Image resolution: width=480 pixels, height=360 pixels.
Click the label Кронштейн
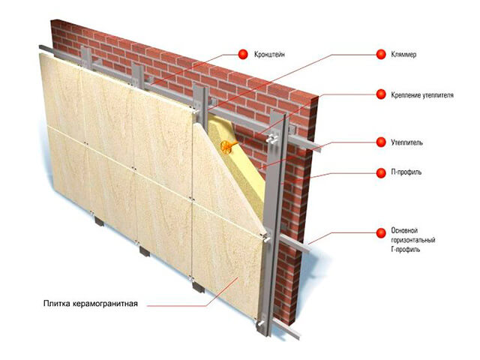point(269,55)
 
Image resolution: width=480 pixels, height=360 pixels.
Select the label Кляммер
point(403,55)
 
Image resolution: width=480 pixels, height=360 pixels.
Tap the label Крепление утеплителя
point(422,95)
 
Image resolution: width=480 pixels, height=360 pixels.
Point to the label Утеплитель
point(406,142)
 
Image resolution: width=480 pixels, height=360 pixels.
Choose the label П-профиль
point(406,172)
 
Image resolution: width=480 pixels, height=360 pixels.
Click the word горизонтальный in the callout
point(413,240)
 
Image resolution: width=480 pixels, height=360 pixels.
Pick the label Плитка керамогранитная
point(91,304)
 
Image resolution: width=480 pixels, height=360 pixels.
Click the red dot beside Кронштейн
point(243,55)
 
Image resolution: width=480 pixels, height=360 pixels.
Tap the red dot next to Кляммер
point(381,55)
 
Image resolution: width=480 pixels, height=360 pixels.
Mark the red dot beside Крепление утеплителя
point(381,94)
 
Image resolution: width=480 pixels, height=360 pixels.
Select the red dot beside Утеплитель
point(381,142)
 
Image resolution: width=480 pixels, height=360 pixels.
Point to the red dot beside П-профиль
point(381,173)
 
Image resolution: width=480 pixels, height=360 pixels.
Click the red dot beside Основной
point(381,233)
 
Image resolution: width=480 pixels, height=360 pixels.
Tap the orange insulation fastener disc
point(226,147)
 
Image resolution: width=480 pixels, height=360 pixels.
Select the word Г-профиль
point(406,250)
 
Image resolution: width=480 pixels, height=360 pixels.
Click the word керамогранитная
point(106,304)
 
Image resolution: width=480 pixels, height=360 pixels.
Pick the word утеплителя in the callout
point(438,95)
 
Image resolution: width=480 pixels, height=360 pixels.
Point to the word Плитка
point(57,304)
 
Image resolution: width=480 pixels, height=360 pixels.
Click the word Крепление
point(406,95)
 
